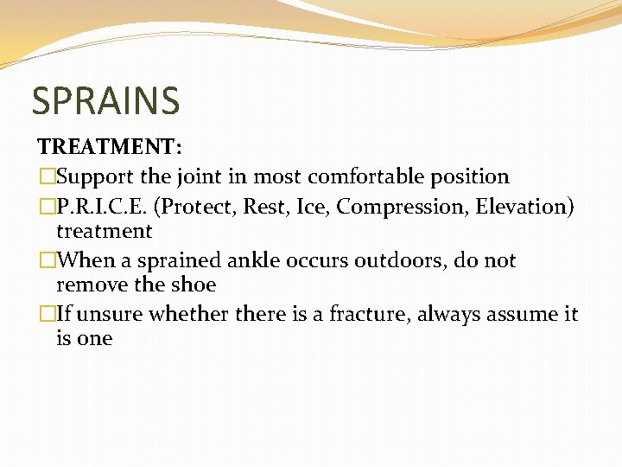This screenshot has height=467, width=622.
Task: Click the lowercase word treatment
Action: tap(104, 231)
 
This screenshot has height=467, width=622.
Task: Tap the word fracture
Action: tap(369, 314)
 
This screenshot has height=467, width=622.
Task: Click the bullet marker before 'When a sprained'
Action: tap(46, 260)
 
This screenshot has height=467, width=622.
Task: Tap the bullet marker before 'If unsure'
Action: tap(46, 314)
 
